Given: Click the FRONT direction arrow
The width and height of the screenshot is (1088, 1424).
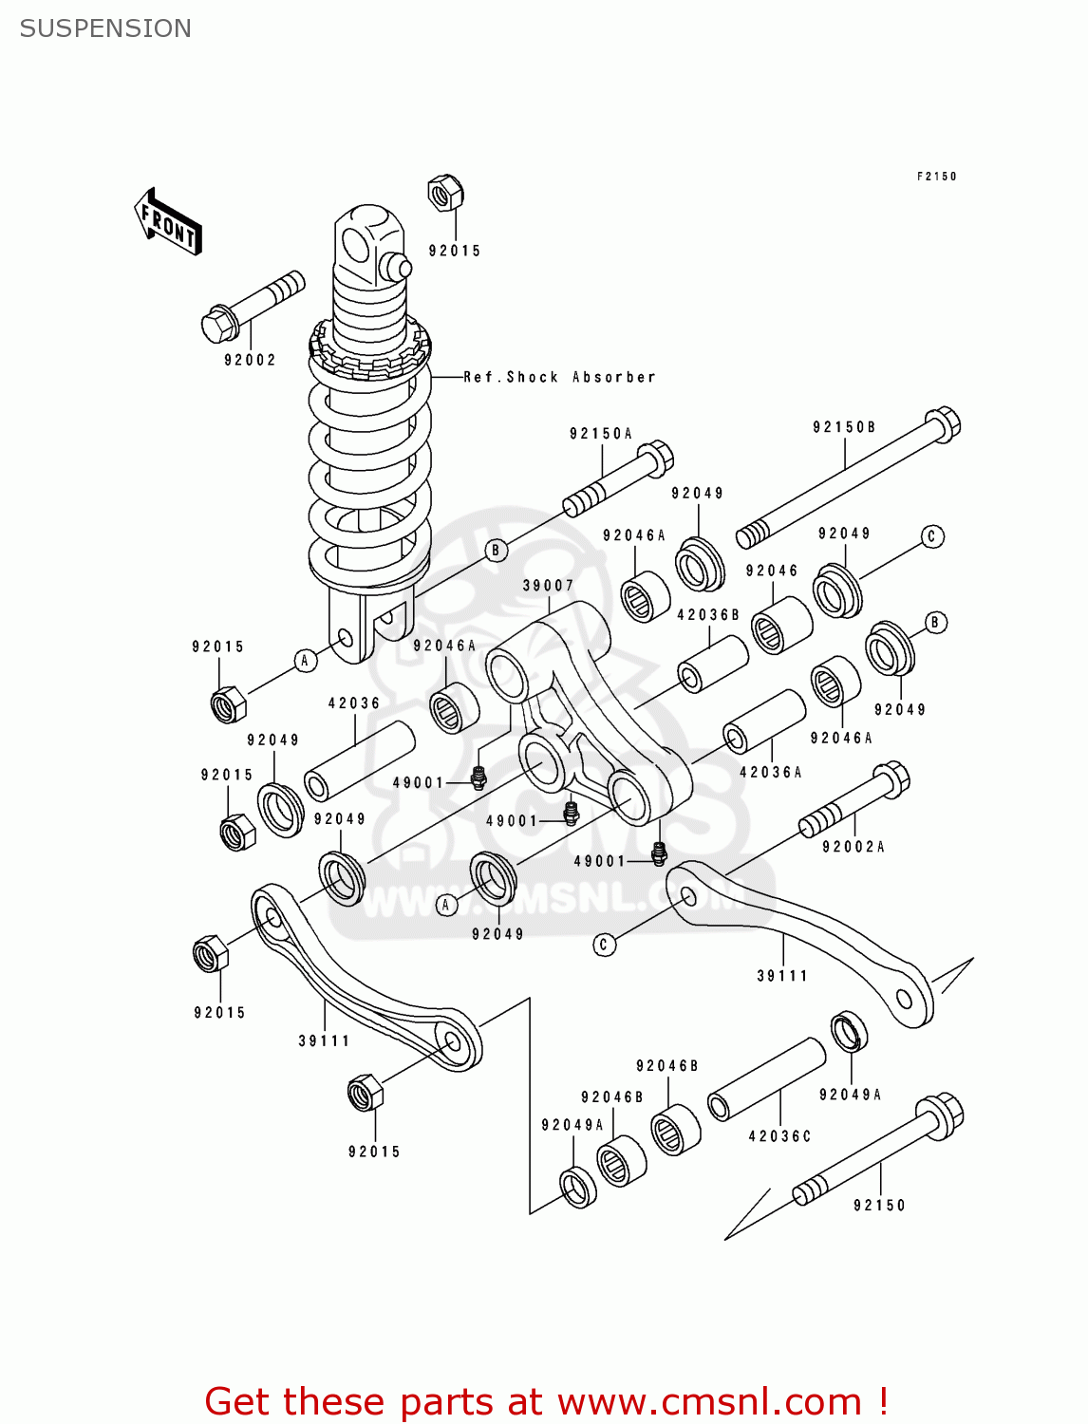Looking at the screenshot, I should (168, 222).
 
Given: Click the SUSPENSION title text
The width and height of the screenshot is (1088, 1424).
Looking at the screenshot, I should (105, 28).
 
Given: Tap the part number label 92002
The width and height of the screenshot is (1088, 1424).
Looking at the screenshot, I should (250, 360).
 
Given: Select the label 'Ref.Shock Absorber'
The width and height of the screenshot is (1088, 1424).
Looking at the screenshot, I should (559, 377).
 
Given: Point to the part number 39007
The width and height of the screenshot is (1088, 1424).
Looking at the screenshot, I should (548, 586).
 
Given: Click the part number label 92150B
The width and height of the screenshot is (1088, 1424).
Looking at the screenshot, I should (844, 427).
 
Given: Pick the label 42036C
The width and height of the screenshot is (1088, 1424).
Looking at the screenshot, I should (779, 1136).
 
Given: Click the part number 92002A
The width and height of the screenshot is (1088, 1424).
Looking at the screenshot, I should (853, 847).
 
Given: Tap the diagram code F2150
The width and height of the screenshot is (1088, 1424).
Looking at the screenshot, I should (936, 177).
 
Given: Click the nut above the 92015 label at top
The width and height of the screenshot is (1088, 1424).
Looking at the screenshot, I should (443, 193).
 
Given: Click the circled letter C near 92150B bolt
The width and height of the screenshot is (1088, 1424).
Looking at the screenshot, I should (931, 536).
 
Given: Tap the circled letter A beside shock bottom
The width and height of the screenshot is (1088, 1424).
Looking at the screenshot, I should (305, 661).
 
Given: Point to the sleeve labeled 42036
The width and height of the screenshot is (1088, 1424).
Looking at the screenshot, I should (359, 760).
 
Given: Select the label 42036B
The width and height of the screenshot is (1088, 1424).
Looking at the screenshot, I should (707, 615).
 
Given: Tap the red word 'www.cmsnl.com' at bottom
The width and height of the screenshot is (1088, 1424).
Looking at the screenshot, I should (708, 1401).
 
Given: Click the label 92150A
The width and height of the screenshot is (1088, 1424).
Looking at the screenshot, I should (600, 434).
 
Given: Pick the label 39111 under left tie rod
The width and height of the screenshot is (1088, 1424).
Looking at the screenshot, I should (324, 1041).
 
